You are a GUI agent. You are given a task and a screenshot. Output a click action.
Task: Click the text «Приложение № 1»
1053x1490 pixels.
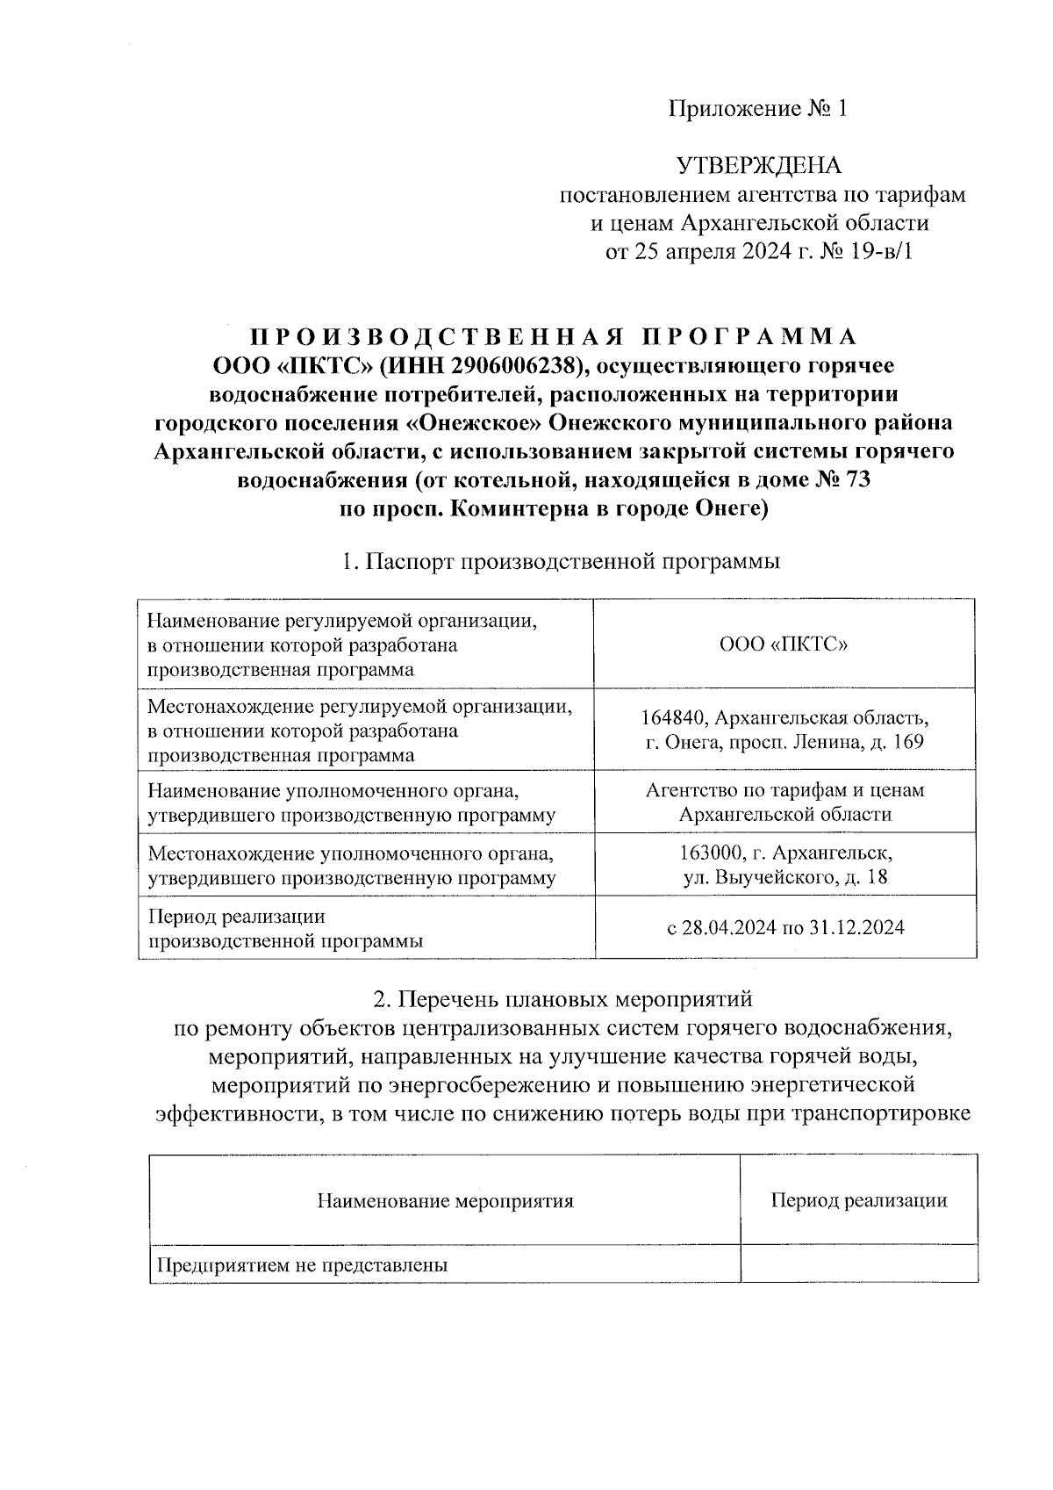[x=759, y=109]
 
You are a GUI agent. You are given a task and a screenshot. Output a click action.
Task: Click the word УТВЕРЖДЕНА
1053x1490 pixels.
[x=758, y=166]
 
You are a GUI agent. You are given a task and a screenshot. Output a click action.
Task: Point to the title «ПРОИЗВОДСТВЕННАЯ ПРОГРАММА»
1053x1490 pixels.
[x=554, y=337]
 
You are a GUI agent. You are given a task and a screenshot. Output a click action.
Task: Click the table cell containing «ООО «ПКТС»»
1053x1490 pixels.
[x=784, y=644]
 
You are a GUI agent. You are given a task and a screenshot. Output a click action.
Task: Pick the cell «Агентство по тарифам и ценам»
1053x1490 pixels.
[x=784, y=789]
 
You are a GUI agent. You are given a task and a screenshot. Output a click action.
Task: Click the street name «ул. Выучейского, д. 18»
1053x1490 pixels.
[x=784, y=876]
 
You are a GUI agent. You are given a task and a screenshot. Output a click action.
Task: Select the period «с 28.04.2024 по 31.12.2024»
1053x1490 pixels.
[x=784, y=928]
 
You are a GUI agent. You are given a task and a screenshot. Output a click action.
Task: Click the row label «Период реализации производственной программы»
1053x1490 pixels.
[x=285, y=929]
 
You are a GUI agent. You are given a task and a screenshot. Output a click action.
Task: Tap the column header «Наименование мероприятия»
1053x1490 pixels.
[x=445, y=1200]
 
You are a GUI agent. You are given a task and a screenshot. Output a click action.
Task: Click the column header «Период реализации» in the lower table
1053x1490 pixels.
[x=858, y=1200]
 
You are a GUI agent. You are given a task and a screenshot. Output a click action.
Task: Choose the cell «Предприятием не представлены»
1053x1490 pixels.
[x=302, y=1265]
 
